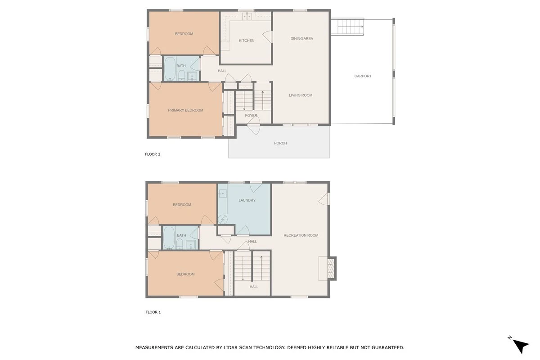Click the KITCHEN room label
pos(247,40)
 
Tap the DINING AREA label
pos(301,39)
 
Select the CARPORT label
pos(363,76)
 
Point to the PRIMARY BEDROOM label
pos(185,110)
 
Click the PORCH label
pos(280,143)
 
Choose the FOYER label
pos(251,116)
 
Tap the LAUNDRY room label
pos(247,200)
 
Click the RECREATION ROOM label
pos(301,235)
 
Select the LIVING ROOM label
pos(301,95)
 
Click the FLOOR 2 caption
pos(153,154)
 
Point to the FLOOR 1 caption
pos(153,312)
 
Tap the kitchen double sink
pos(247,16)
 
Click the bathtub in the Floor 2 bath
pos(170,69)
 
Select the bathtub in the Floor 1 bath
pos(169,238)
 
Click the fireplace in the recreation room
pos(331,268)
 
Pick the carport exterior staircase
pos(350,27)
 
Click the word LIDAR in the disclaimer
pos(230,347)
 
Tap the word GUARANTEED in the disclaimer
pos(388,347)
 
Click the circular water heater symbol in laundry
pos(222,220)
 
